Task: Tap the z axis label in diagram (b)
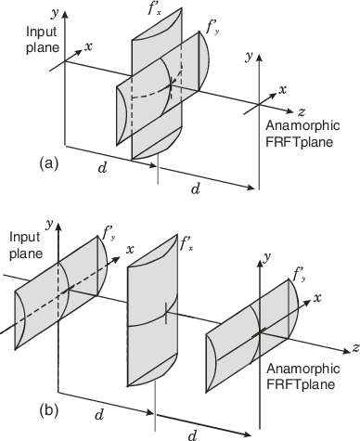click(x=354, y=348)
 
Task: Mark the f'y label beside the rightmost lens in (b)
click(x=299, y=273)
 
